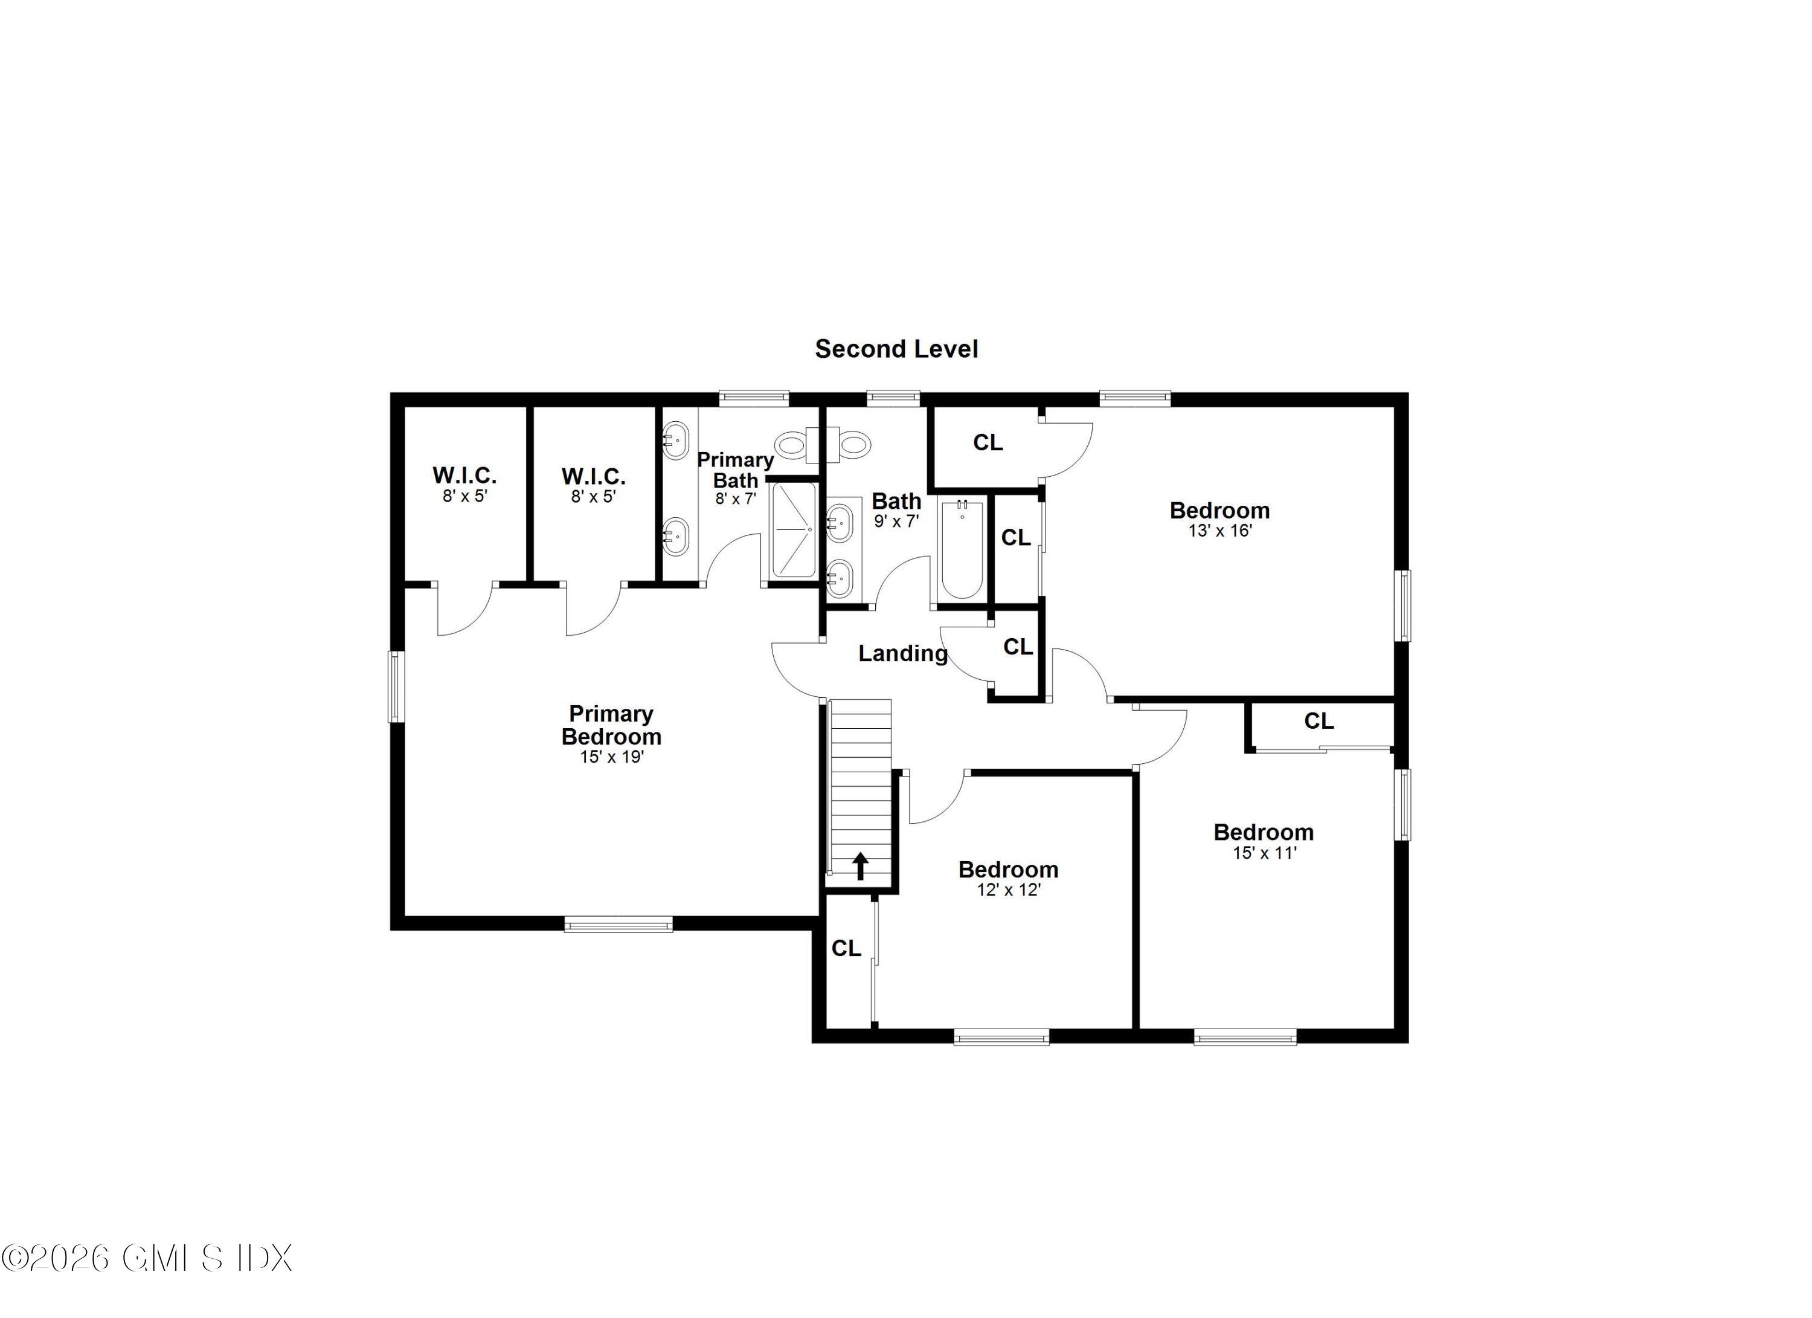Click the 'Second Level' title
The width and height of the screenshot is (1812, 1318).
(x=896, y=349)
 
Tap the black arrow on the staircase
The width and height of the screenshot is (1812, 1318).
(x=861, y=865)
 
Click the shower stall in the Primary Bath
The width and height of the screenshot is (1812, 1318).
(x=793, y=530)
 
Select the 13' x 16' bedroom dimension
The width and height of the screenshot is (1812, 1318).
(x=1219, y=531)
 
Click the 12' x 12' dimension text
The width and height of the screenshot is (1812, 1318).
(x=1008, y=890)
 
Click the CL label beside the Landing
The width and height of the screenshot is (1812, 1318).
(x=1018, y=647)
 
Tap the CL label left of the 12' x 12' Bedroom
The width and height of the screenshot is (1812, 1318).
(x=846, y=948)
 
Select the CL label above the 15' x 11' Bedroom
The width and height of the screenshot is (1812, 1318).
(x=1319, y=721)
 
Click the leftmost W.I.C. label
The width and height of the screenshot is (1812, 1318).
(x=464, y=476)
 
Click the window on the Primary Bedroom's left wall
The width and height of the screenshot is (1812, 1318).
(x=396, y=686)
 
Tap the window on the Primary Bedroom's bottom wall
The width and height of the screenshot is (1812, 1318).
(x=618, y=925)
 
